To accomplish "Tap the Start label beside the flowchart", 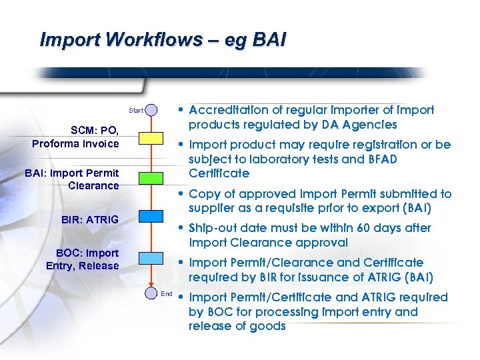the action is pyautogui.click(x=135, y=110).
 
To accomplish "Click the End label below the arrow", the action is pyautogui.click(x=167, y=293).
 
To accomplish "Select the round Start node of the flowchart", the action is pyautogui.click(x=151, y=109).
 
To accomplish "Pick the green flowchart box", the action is pyautogui.click(x=151, y=177).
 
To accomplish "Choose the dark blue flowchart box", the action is pyautogui.click(x=151, y=215).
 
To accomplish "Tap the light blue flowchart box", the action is pyautogui.click(x=151, y=258).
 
